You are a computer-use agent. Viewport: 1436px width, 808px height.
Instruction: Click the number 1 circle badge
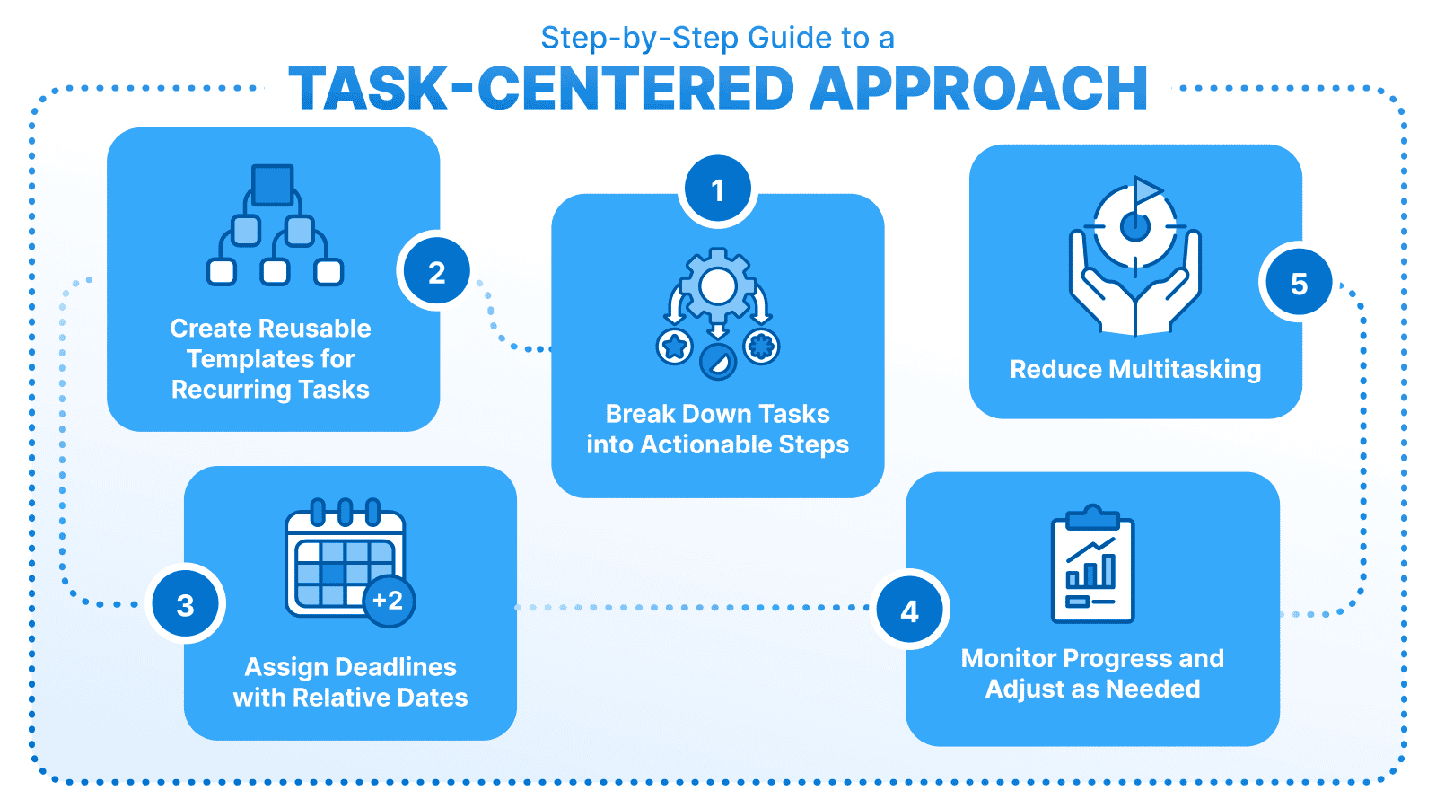click(717, 190)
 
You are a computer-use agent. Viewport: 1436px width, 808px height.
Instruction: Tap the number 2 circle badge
click(436, 272)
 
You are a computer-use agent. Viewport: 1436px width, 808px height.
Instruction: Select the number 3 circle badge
click(186, 605)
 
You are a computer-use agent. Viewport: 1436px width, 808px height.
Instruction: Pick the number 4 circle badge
click(909, 611)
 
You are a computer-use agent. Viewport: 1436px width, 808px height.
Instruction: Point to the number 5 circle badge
click(1298, 284)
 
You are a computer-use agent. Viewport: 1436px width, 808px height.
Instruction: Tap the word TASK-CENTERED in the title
click(541, 88)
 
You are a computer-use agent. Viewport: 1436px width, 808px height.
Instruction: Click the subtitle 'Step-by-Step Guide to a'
click(717, 38)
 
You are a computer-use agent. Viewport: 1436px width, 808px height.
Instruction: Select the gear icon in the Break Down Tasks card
click(718, 286)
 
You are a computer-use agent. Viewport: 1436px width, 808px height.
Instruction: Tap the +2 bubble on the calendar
click(389, 601)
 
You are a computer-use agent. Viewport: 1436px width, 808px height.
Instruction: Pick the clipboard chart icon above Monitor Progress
click(1092, 565)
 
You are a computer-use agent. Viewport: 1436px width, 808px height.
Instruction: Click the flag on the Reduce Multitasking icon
click(1146, 190)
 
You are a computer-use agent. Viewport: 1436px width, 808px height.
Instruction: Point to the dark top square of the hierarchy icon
click(273, 185)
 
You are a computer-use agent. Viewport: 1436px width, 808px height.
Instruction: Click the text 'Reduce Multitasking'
click(1135, 369)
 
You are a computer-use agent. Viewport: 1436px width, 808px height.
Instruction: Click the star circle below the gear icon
click(674, 346)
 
